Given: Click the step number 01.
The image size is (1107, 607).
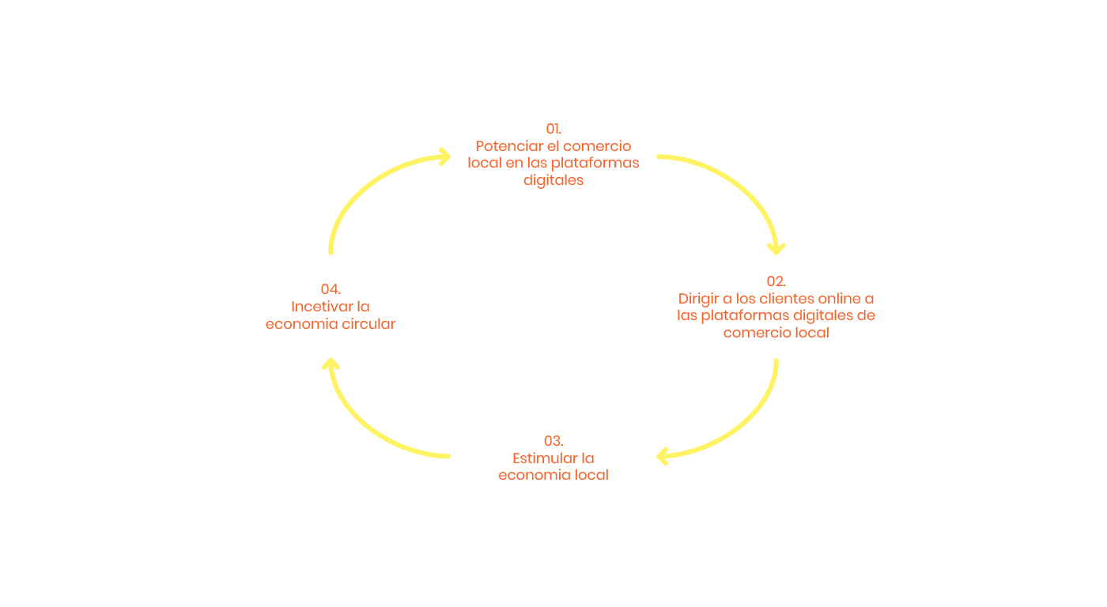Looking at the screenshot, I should click(x=553, y=129).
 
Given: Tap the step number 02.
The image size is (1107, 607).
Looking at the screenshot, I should click(x=776, y=281).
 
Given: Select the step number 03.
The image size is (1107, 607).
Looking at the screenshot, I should click(x=553, y=441).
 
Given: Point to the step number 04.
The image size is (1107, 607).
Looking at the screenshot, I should click(x=331, y=289).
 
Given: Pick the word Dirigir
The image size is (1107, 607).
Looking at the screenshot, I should click(x=699, y=299).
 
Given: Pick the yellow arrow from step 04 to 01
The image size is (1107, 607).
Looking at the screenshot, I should click(x=364, y=186).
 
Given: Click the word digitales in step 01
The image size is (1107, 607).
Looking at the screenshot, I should click(x=553, y=180).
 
